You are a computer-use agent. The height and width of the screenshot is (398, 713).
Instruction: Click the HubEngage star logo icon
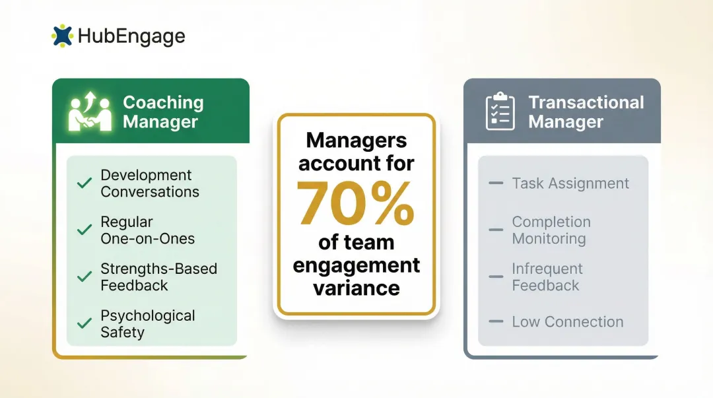click(62, 36)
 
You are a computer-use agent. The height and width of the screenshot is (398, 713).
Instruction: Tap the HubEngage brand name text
click(131, 36)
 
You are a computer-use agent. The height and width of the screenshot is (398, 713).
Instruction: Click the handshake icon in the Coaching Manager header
click(91, 112)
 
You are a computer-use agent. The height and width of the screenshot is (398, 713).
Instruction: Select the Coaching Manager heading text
click(163, 112)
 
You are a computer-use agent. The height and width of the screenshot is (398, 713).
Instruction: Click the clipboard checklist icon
click(500, 111)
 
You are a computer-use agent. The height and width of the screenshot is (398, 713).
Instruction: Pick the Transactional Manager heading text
click(586, 112)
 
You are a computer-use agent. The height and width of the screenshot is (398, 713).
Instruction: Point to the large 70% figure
click(356, 202)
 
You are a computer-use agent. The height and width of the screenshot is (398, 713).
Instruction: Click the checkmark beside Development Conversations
click(85, 183)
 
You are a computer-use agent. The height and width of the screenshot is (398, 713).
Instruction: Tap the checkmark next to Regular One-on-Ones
click(85, 230)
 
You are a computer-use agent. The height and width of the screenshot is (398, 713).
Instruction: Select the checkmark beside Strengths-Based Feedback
click(85, 277)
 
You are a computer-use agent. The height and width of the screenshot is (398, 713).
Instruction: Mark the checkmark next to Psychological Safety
click(85, 324)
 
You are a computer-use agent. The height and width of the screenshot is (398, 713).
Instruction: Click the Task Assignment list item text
click(570, 183)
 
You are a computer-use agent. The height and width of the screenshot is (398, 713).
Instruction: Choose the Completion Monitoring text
click(551, 230)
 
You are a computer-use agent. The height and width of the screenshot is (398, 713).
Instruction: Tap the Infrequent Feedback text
click(547, 277)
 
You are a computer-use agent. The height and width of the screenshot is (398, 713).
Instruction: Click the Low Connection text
click(567, 322)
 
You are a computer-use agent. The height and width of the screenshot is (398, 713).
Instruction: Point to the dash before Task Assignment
click(496, 183)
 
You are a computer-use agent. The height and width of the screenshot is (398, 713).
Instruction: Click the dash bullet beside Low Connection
click(496, 321)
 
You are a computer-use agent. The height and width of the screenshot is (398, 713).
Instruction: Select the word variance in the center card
click(356, 288)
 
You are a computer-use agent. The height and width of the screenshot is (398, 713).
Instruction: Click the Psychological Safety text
click(148, 324)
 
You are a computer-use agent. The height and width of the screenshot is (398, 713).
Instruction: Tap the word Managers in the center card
click(356, 140)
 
